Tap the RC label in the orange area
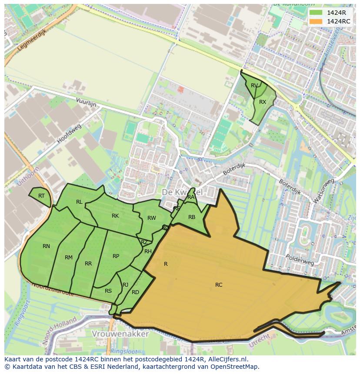pyautogui.click(x=219, y=285)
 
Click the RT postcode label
pyautogui.click(x=41, y=196)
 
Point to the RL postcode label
pyautogui.click(x=79, y=202)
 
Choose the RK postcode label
pyautogui.click(x=115, y=216)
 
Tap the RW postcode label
pyautogui.click(x=151, y=218)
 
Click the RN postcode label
pyautogui.click(x=46, y=246)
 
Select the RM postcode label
pyautogui.click(x=69, y=258)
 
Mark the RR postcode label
pyautogui.click(x=88, y=264)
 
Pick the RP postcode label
pyautogui.click(x=116, y=256)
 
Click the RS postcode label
pyautogui.click(x=108, y=291)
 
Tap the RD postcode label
pyautogui.click(x=135, y=292)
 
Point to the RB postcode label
pyautogui.click(x=192, y=217)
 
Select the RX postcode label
pyautogui.click(x=263, y=102)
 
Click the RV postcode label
pyautogui.click(x=254, y=86)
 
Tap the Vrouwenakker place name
pyautogui.click(x=120, y=334)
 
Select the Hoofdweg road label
pyautogui.click(x=69, y=134)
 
